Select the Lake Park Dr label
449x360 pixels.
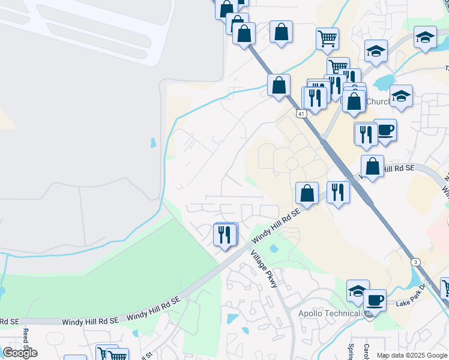[x=413, y=303]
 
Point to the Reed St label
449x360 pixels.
[x=26, y=340]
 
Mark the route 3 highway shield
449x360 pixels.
[x=415, y=262]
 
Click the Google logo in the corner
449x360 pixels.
[x=20, y=352]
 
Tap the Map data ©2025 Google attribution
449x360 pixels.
[x=412, y=355]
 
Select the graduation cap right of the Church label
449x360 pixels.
[x=401, y=95]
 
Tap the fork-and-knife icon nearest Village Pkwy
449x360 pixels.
[x=224, y=235]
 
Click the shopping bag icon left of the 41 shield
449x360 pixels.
[x=279, y=85]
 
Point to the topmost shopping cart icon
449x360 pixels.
[x=327, y=38]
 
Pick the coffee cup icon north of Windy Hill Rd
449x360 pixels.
[x=385, y=129]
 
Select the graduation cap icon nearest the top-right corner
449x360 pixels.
[x=425, y=38]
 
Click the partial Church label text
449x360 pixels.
[x=378, y=101]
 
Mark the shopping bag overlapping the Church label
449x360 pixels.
[x=355, y=101]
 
